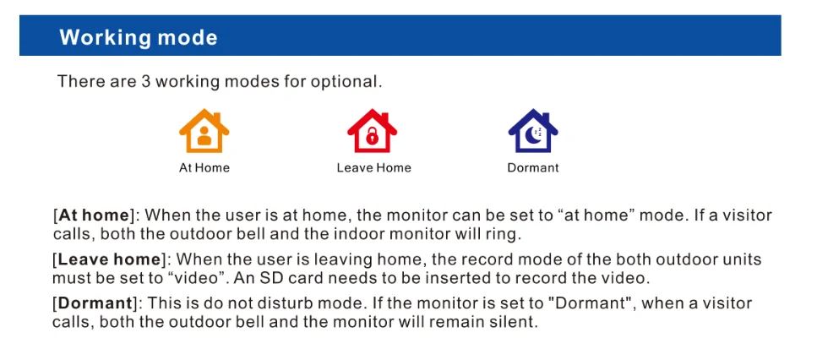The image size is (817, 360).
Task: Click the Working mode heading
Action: coord(138,37)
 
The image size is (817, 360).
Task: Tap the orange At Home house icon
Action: coord(204,131)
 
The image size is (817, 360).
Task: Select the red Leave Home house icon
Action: coord(372,131)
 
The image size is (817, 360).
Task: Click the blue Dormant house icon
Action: coord(533,131)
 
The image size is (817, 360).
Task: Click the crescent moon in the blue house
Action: coord(532,136)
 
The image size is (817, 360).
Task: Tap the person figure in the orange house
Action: coord(204,136)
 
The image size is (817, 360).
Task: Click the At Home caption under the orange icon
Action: coord(204,168)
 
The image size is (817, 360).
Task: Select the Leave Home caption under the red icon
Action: coord(374,168)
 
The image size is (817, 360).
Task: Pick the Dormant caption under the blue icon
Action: coord(533,168)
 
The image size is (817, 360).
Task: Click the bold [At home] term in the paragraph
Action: coord(94,215)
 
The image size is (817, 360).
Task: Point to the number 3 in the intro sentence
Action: coord(145,82)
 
